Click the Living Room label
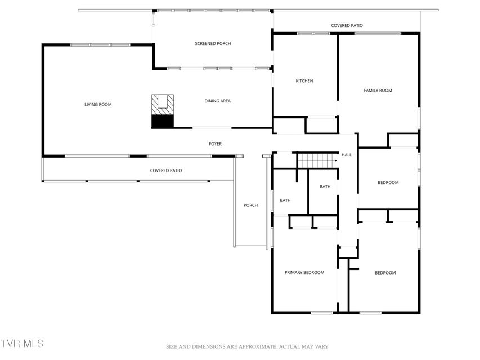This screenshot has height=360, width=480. pos(98,105)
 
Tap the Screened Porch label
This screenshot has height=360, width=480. pos(213,43)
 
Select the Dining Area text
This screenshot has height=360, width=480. pos(217,101)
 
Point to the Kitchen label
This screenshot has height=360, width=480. pos(304,81)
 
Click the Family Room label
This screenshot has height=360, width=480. pos(378,91)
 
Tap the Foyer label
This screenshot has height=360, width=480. pos(215,143)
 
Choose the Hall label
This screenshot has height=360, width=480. pos(347,155)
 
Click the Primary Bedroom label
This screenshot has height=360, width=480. pos(304,272)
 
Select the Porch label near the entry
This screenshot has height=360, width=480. pos(251,205)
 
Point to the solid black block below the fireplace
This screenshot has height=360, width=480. pos(163,121)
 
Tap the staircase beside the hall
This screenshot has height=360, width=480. pos(318,160)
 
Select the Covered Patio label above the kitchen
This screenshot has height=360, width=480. pos(347,25)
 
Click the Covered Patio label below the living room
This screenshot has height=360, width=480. pos(166,170)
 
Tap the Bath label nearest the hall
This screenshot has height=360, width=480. pos(325,186)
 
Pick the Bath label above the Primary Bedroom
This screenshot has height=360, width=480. pos(285,200)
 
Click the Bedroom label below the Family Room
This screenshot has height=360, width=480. pos(388,182)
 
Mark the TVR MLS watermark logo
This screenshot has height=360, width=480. pos(22,343)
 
